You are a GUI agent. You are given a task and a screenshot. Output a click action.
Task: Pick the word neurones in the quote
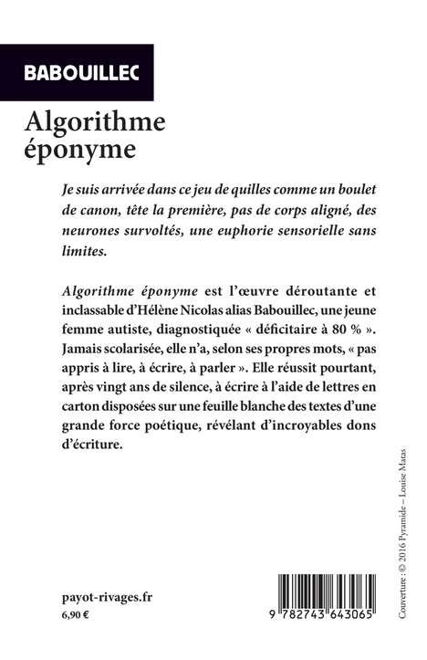tap(92, 230)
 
